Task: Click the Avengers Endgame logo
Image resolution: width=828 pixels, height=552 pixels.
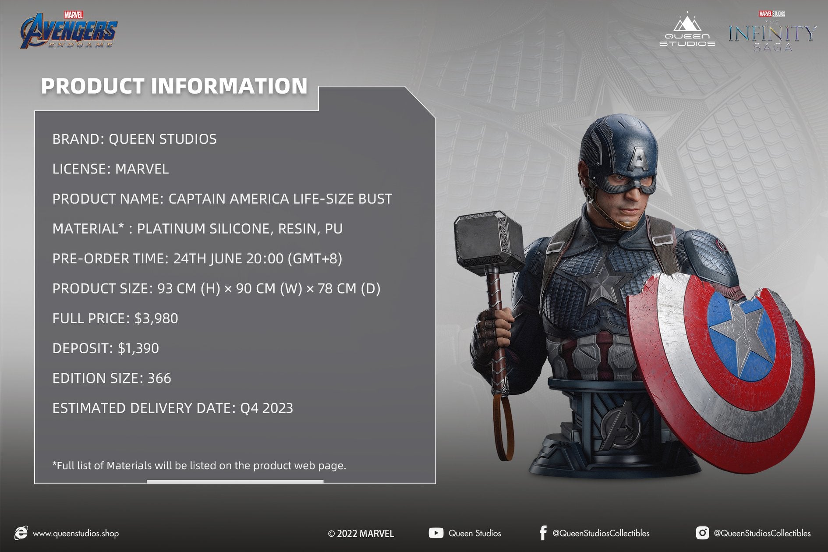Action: point(69,30)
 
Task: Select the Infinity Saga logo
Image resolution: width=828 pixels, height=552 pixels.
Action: point(772,32)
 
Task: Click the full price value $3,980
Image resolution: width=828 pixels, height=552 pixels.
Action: point(156,318)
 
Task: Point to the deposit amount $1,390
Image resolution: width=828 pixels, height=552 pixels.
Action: point(138,348)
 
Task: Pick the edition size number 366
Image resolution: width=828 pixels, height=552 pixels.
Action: point(159,378)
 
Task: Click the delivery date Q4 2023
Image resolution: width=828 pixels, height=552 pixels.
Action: point(266,408)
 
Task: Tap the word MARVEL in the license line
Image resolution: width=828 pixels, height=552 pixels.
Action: point(142,169)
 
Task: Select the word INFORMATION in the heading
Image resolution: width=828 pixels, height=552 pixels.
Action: point(229,86)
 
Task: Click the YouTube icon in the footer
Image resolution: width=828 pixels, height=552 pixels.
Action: point(436,533)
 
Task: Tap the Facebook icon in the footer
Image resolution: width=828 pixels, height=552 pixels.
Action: point(543,533)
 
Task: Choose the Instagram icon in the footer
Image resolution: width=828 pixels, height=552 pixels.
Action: point(702,533)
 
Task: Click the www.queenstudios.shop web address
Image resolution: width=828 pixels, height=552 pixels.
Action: point(76,533)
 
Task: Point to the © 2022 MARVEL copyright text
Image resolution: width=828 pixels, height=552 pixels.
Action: point(361,533)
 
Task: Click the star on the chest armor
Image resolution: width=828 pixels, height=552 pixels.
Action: point(603,282)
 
